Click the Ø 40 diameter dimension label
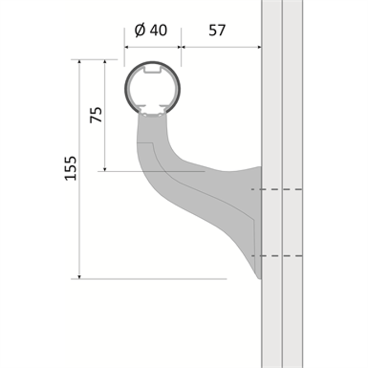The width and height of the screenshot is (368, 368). [x=150, y=30]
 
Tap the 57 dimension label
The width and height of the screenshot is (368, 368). [x=217, y=30]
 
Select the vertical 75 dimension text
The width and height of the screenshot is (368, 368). [x=96, y=114]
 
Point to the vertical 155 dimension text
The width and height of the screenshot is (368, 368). [x=70, y=168]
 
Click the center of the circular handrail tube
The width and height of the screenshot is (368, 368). [x=152, y=88]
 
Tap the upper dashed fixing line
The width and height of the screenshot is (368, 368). [x=276, y=190]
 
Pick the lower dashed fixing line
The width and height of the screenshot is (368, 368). [x=276, y=255]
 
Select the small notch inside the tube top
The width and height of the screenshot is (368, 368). [x=152, y=70]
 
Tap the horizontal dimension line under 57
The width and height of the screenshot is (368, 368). [x=221, y=47]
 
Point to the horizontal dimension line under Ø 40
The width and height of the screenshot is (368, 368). [x=152, y=47]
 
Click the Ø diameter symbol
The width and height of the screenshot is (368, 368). [x=138, y=30]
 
